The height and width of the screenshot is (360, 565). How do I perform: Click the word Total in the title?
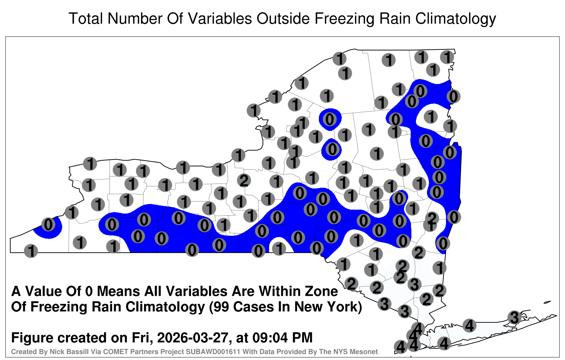[86, 18]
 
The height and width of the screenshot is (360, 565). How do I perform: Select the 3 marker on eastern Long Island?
[514, 317]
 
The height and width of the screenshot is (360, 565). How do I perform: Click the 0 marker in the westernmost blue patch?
[48, 224]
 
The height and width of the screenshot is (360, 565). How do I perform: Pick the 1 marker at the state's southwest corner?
[31, 251]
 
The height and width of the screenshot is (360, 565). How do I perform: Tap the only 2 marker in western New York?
[244, 180]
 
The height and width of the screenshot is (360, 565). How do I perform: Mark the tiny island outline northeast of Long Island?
[547, 302]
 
